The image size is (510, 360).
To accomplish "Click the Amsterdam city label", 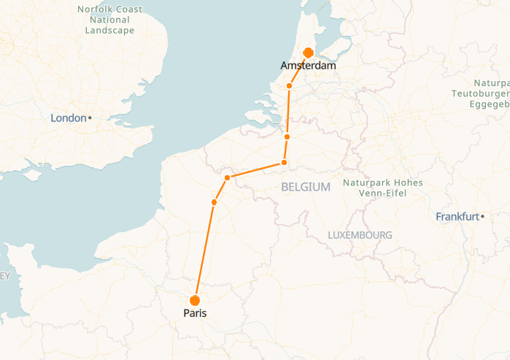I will point(308,66).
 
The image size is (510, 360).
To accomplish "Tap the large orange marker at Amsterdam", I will point(308,53).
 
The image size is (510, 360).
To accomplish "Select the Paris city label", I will point(195,313).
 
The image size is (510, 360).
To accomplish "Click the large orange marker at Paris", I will point(195,300).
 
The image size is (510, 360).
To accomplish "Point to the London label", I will point(68,118).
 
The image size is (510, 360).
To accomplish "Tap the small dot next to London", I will point(90,118).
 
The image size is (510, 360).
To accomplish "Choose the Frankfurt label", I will point(457,216).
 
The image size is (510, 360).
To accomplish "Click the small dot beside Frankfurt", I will point(482,216).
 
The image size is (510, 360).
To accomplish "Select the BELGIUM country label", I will point(306,187).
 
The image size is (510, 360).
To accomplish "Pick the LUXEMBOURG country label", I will point(360,235).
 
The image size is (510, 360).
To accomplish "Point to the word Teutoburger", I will point(481,93).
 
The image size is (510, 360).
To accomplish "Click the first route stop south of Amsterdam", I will point(289,86).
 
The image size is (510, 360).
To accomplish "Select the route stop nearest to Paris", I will point(214,202).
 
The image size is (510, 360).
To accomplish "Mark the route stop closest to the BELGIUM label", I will point(284,162).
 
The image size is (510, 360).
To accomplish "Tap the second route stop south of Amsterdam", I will point(287,137).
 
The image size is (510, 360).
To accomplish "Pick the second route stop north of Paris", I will point(227,177).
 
